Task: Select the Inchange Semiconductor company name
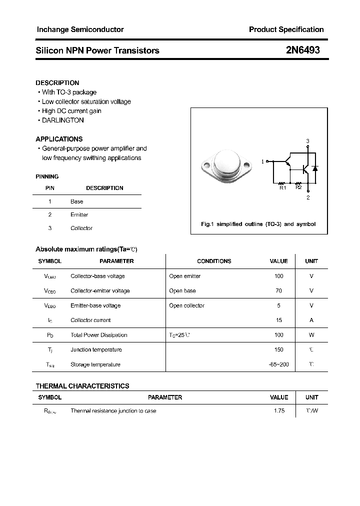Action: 80,29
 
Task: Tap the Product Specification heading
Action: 286,29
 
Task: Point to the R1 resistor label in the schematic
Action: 282,187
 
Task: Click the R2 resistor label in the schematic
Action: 298,187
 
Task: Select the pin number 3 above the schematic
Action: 308,141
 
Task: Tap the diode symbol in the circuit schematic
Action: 315,168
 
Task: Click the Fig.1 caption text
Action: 258,224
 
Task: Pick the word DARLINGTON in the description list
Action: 63,120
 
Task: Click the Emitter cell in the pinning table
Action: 79,215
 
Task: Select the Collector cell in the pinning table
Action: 81,228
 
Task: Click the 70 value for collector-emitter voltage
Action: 278,291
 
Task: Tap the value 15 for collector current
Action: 278,320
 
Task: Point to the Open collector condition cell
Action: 186,305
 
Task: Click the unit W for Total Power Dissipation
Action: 311,335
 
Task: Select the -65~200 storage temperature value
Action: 278,364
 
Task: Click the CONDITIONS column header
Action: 214,261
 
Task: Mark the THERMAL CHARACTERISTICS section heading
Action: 82,386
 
